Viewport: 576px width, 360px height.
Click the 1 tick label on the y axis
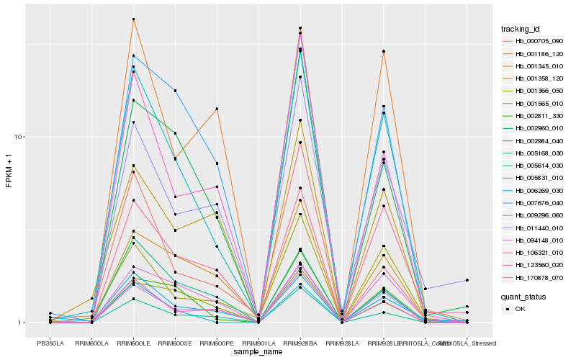pos(22,323)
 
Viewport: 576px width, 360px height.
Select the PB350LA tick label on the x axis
pos(50,343)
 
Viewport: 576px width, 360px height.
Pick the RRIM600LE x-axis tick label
pos(134,343)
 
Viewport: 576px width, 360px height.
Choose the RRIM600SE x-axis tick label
pos(175,343)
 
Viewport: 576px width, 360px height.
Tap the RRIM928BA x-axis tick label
pos(300,343)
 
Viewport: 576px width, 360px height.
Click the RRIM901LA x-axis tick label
pos(258,343)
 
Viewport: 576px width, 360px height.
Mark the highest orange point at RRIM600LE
pos(134,19)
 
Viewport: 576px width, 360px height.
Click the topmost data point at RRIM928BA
pos(300,28)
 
